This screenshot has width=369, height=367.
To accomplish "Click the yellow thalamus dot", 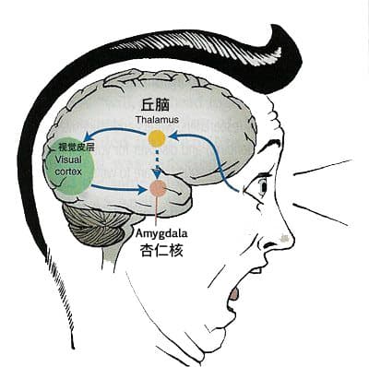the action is click(157, 138).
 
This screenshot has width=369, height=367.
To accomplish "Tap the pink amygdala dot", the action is click(158, 188).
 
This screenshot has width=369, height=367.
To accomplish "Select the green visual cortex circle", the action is click(68, 166).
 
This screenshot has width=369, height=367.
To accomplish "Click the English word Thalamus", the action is click(157, 120).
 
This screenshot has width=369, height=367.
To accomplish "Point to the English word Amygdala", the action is click(161, 233).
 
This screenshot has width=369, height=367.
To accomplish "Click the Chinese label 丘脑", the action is click(155, 105).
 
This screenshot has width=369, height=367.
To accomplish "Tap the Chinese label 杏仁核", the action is click(161, 250).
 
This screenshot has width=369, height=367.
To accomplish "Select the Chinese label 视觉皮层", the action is click(77, 148).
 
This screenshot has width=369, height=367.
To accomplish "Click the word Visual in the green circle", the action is click(68, 160).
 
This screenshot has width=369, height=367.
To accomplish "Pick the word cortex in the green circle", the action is click(68, 172).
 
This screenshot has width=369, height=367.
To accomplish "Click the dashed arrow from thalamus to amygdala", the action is click(158, 164).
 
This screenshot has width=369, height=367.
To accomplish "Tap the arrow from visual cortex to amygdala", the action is click(118, 188).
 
